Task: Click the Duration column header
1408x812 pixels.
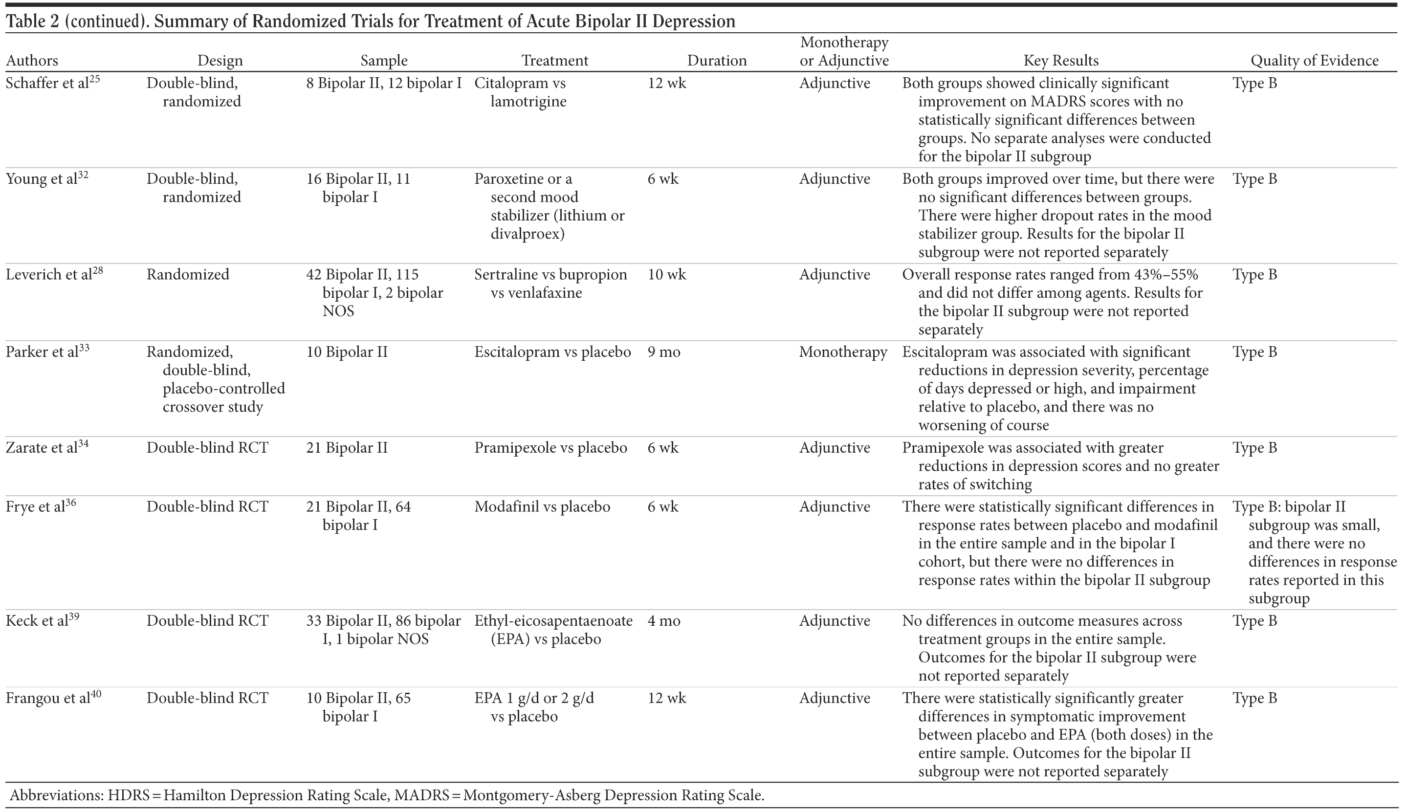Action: click(717, 61)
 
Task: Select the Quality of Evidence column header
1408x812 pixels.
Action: click(1314, 61)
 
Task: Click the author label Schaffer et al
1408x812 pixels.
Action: click(47, 84)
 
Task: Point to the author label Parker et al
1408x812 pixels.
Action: click(43, 352)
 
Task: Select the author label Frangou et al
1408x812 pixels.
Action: click(48, 699)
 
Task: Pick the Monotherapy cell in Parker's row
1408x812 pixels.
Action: click(842, 352)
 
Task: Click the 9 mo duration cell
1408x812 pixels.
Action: click(663, 352)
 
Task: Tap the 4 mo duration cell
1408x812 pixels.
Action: click(663, 621)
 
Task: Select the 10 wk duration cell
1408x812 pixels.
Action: click(667, 275)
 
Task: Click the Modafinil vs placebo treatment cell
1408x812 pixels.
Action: click(542, 507)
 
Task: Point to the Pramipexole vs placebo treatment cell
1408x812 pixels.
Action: click(550, 448)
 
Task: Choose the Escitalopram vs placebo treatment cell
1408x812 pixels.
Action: click(552, 352)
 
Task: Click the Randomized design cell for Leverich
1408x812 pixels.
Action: click(188, 275)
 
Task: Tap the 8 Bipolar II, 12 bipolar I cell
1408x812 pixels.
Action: click(384, 84)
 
